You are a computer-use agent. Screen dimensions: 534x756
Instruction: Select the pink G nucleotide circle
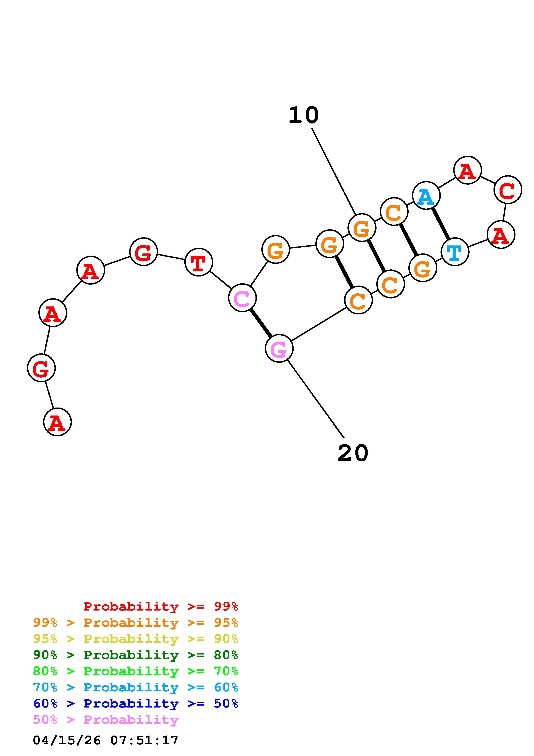click(279, 348)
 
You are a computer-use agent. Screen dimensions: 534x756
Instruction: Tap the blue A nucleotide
click(426, 196)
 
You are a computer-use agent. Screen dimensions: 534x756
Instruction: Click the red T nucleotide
click(199, 262)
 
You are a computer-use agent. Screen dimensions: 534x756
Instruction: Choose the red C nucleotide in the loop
click(508, 190)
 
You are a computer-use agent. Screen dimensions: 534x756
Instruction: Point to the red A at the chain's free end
click(57, 422)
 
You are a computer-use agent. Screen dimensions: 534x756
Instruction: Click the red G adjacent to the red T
click(143, 252)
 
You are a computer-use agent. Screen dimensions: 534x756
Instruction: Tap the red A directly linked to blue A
click(467, 170)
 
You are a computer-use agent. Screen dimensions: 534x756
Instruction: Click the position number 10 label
click(303, 116)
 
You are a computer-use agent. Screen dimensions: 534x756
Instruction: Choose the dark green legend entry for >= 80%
click(135, 655)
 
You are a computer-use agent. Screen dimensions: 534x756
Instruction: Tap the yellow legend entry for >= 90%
click(135, 639)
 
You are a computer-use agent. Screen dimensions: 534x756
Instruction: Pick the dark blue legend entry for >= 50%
click(135, 704)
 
